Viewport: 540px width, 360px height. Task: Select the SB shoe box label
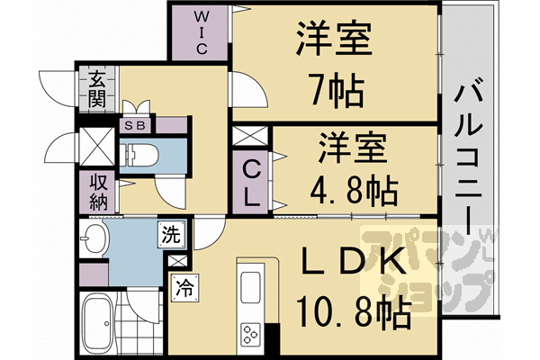[x=139, y=125]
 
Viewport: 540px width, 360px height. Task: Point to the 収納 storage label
[x=97, y=190]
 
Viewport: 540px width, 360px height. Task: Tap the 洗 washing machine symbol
[x=170, y=237]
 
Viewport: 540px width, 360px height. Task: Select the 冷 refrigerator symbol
[x=183, y=290]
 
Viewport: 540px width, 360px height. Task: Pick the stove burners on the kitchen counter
[x=250, y=334]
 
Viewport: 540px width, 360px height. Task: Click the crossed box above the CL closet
[x=245, y=138]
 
